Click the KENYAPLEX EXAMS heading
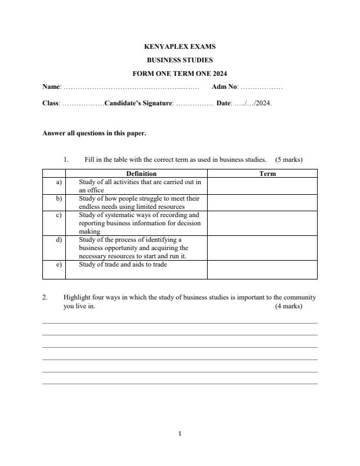click(x=179, y=46)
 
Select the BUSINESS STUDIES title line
click(x=179, y=60)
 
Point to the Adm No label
click(x=224, y=87)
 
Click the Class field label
click(x=51, y=103)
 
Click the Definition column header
click(x=141, y=174)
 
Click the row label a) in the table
click(x=59, y=182)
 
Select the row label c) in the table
click(x=59, y=215)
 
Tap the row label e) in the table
click(x=59, y=265)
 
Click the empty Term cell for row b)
click(x=262, y=202)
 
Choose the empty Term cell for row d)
click(x=262, y=248)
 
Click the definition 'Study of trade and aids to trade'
click(x=123, y=265)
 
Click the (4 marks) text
click(x=288, y=307)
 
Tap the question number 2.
click(x=45, y=298)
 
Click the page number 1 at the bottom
click(x=179, y=434)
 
